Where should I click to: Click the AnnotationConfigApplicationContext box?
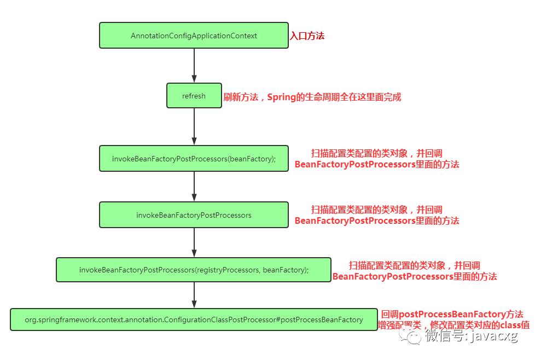tap(194, 36)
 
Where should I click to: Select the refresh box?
tap(194, 96)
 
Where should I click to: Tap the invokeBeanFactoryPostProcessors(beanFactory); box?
tap(194, 159)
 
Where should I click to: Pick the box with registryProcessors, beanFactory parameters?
tap(194, 270)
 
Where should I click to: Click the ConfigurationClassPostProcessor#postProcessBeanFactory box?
tap(194, 320)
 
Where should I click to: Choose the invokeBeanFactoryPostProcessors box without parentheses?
tap(194, 215)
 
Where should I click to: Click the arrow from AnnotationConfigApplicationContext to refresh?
tap(194, 66)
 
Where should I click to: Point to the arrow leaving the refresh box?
tap(194, 127)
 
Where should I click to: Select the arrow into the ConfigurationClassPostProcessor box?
tap(194, 295)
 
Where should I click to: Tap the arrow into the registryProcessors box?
tap(194, 242)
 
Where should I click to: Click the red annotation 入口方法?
tap(307, 36)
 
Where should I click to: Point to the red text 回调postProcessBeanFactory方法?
tap(452, 314)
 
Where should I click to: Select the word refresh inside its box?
tap(194, 96)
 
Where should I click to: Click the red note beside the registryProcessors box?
tap(415, 271)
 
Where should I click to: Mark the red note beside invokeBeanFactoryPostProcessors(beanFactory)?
tap(377, 159)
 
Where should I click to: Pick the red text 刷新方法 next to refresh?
tap(241, 97)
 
